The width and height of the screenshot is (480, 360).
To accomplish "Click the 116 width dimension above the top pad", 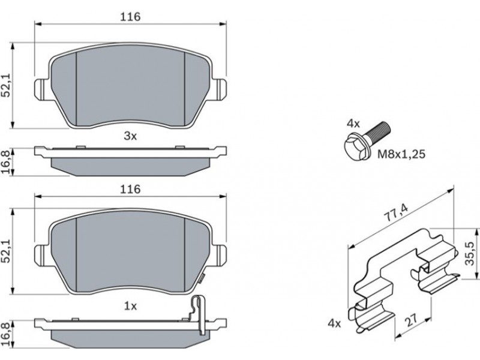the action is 130,17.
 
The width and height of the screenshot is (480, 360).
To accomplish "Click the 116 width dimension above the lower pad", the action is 130,189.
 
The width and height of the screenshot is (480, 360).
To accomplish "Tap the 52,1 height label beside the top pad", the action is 7,85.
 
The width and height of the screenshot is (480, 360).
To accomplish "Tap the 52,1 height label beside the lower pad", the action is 7,251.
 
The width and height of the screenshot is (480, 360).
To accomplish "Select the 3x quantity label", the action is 130,136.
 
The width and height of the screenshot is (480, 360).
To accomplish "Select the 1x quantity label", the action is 130,306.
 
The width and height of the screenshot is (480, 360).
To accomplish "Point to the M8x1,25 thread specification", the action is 401,154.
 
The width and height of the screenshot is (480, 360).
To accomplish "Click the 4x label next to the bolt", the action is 353,124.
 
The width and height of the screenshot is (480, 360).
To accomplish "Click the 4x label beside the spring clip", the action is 334,323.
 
